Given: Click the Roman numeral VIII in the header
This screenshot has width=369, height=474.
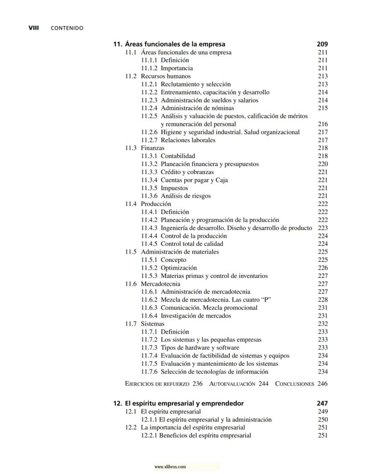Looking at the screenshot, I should click(x=34, y=28).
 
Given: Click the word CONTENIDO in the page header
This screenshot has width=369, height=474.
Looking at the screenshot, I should click(x=67, y=28).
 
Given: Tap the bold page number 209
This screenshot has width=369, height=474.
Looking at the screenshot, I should click(x=322, y=44).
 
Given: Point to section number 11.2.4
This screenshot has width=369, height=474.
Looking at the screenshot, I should click(x=149, y=108).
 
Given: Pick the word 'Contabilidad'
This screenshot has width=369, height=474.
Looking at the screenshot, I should click(x=178, y=156).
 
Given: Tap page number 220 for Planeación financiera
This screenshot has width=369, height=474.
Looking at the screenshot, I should click(x=323, y=164).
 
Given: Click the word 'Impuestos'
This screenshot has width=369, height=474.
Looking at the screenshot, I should click(x=174, y=188).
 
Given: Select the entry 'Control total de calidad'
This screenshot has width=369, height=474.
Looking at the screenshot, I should click(x=192, y=244).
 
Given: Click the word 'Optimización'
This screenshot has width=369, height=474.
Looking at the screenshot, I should click(x=178, y=268).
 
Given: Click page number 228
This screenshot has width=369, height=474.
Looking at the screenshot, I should click(x=323, y=300).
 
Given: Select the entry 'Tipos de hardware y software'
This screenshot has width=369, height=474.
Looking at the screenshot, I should click(x=200, y=348).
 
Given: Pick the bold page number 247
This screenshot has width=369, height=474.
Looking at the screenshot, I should click(x=322, y=403).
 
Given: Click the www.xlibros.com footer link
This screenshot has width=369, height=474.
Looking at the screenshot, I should click(x=170, y=467).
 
